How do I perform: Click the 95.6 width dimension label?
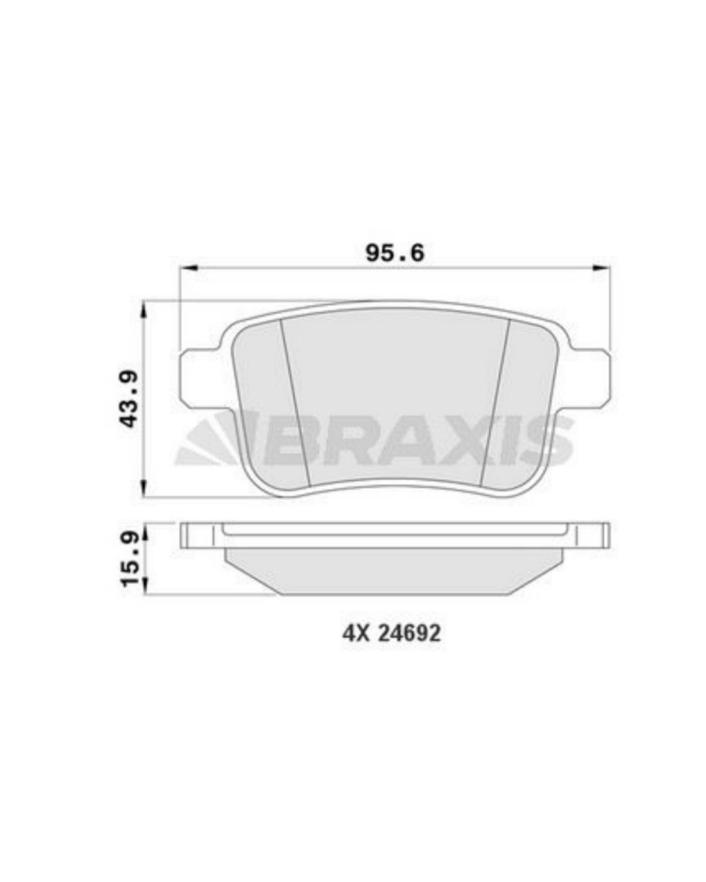click(394, 253)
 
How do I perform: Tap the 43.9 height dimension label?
click(130, 398)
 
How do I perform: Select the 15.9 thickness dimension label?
click(130, 560)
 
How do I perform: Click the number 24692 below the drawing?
click(409, 634)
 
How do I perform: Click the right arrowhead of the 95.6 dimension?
click(600, 268)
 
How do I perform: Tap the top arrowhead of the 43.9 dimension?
click(145, 311)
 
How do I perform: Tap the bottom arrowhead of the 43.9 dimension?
click(145, 487)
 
